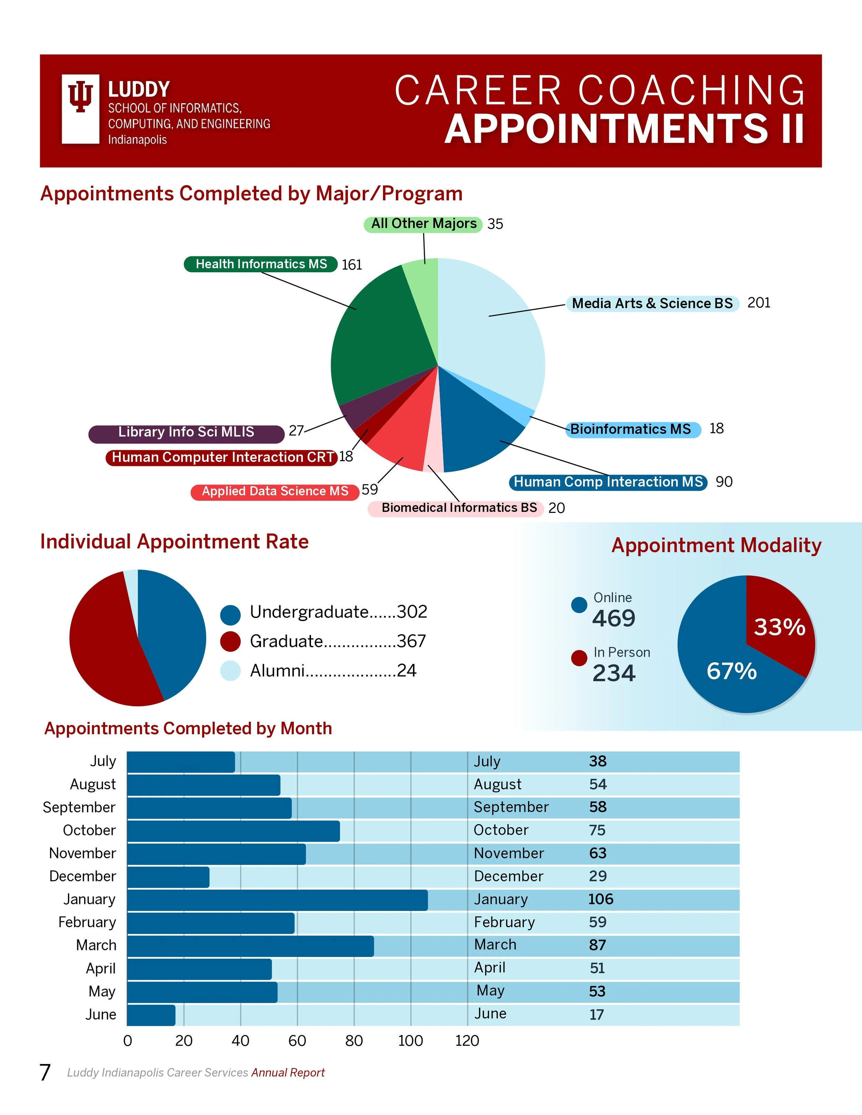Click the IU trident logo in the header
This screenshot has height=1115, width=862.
[80, 109]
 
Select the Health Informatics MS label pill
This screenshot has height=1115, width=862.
[260, 264]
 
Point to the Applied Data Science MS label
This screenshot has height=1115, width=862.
[275, 491]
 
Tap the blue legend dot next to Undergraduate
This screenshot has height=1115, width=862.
[230, 615]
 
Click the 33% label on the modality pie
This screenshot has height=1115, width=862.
[779, 627]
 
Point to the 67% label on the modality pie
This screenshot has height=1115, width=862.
[731, 671]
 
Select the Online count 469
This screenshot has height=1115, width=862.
[614, 618]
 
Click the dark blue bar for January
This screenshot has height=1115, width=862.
[277, 900]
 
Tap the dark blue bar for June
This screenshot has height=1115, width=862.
[151, 1015]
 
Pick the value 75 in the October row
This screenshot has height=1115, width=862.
[597, 830]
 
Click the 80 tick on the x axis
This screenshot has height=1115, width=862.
[354, 1041]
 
